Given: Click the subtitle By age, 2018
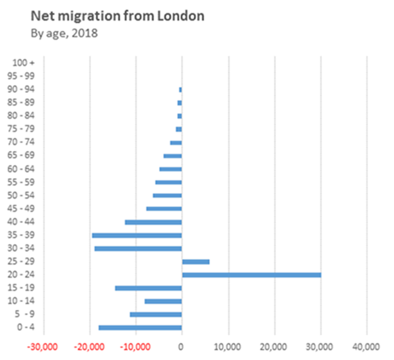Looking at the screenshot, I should [65, 33].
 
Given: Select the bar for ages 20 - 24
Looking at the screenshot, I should [251, 274].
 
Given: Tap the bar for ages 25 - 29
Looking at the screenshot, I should [195, 261].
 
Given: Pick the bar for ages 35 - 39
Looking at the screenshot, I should [137, 235].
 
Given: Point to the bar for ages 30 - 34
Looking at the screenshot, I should [138, 248].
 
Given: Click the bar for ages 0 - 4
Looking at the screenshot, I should [140, 328].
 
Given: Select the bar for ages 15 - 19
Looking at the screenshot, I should [148, 288].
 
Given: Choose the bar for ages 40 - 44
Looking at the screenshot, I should [153, 222].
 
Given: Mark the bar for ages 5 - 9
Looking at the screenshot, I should [156, 315].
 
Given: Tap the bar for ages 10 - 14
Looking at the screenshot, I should [163, 301].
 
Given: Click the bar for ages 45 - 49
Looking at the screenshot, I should [164, 208].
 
